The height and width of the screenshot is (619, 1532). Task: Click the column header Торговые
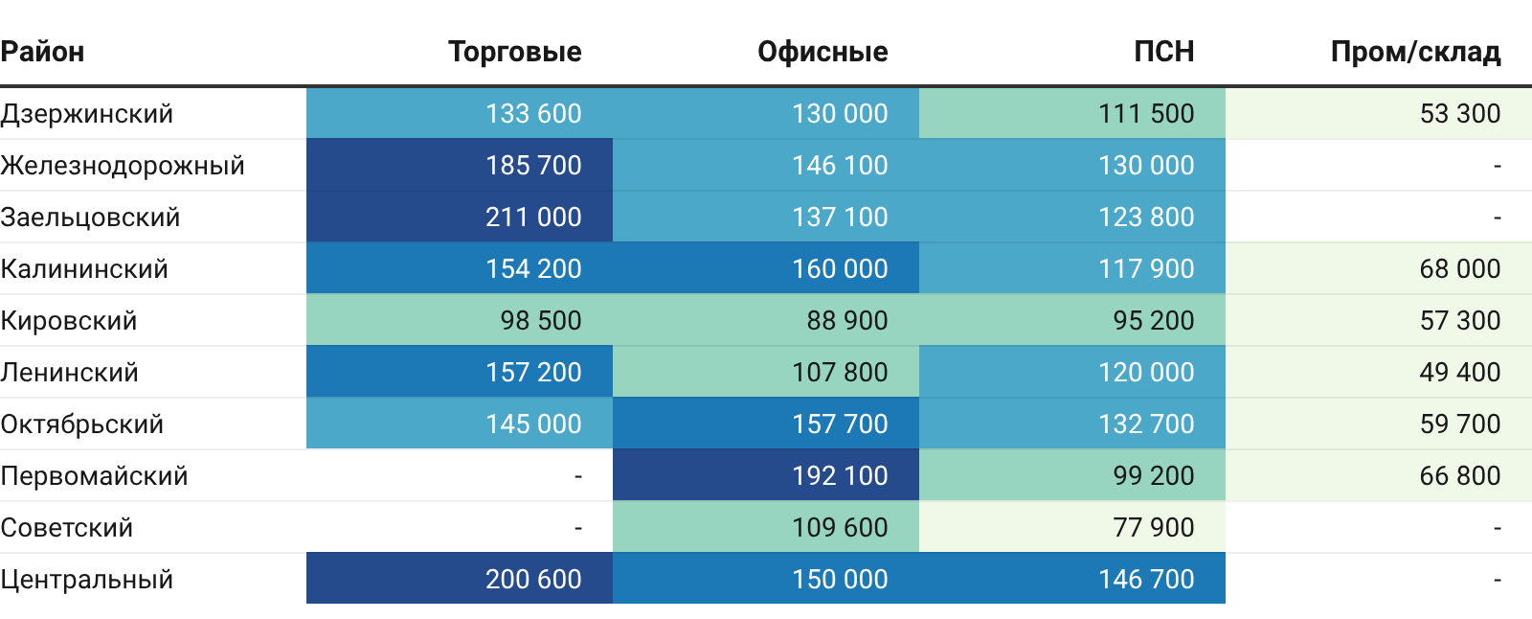(x=515, y=52)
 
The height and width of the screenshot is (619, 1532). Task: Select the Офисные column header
(x=822, y=52)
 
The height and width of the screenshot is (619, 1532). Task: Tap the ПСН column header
(x=1164, y=52)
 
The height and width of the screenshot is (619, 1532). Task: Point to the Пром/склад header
(x=1416, y=52)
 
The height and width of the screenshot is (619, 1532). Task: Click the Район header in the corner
(x=42, y=52)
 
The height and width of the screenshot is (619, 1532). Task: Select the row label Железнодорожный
(x=123, y=166)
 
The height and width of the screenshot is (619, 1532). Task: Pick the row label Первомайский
(x=94, y=476)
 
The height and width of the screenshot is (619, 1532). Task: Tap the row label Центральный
(x=87, y=580)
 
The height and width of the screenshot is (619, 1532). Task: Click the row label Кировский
(x=68, y=320)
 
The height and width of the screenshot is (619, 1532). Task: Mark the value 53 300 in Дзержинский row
(x=1460, y=114)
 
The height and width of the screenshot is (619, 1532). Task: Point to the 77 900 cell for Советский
(x=1154, y=528)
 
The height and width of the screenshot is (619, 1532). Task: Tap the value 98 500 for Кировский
(x=541, y=320)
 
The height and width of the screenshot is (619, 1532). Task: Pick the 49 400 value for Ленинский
(x=1460, y=373)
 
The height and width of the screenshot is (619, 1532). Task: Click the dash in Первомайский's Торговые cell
(x=578, y=476)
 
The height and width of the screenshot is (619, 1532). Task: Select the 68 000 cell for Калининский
(x=1460, y=269)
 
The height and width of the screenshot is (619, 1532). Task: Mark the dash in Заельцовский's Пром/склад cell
(x=1498, y=218)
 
